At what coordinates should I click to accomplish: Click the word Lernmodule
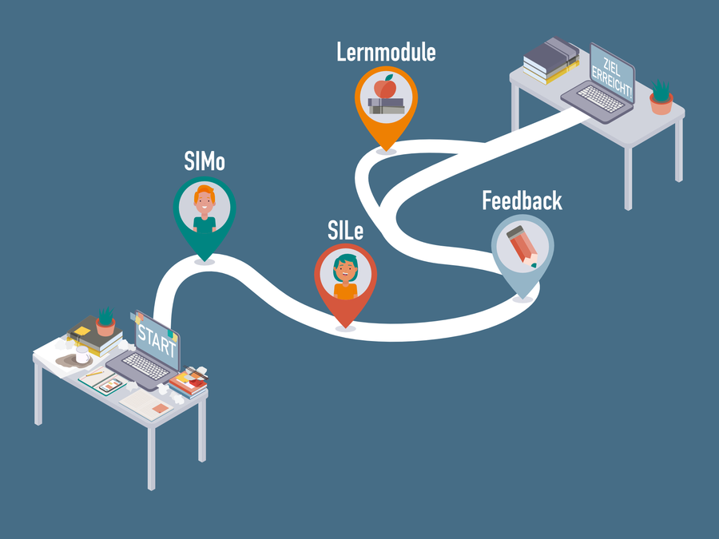click(x=386, y=53)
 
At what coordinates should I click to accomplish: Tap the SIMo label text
click(x=204, y=162)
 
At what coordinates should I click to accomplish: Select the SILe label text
click(x=345, y=231)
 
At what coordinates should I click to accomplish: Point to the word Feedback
click(x=522, y=200)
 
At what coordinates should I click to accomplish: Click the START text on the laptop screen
click(x=157, y=335)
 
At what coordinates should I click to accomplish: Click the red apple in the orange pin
click(x=386, y=85)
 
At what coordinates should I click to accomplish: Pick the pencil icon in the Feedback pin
click(x=522, y=246)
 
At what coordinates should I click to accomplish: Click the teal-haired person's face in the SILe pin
click(x=346, y=268)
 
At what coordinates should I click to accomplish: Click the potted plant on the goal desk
click(x=661, y=97)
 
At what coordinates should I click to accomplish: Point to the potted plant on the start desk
click(x=105, y=321)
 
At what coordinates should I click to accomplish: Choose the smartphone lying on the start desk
click(x=112, y=385)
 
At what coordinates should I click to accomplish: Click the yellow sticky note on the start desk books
click(x=82, y=329)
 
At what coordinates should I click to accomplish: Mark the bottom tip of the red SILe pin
click(x=345, y=326)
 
